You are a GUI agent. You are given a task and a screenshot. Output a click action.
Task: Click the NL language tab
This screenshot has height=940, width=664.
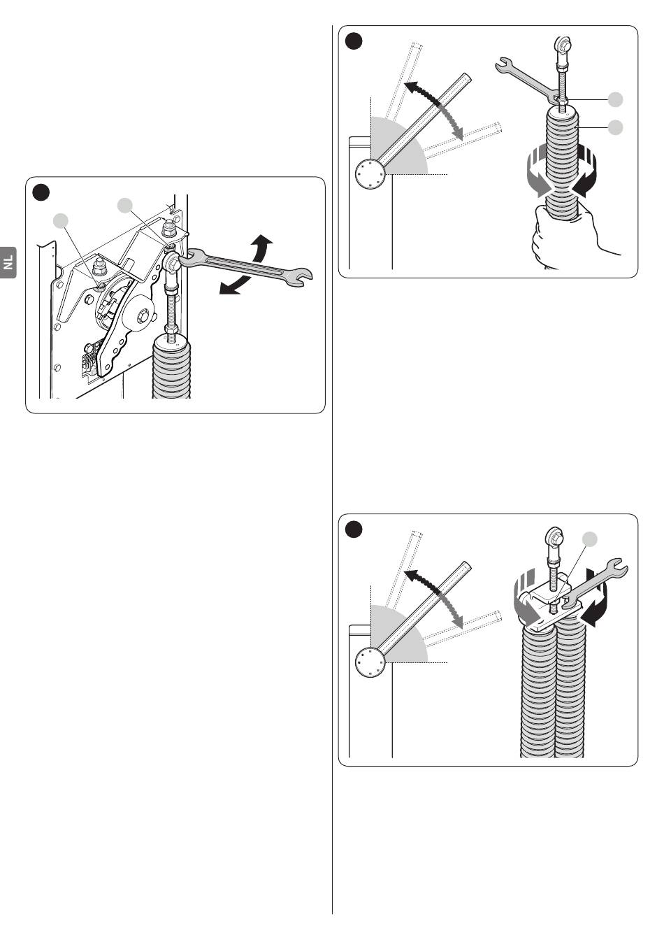coord(8,263)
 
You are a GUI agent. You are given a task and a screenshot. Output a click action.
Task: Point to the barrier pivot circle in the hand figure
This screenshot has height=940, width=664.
coord(370,172)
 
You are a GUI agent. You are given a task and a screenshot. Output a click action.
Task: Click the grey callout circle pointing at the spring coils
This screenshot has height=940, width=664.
coord(615,127)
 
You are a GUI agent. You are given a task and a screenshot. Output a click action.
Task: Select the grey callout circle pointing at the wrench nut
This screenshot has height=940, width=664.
coord(615,100)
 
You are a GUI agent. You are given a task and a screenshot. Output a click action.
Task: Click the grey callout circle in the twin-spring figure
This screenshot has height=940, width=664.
coord(591,539)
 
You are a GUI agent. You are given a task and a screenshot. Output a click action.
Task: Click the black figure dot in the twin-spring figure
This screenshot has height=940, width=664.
coord(354,530)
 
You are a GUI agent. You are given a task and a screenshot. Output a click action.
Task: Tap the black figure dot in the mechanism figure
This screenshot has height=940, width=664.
coord(42,192)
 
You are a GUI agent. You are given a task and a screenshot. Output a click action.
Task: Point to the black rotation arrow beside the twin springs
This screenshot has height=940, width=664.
coord(597,601)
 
